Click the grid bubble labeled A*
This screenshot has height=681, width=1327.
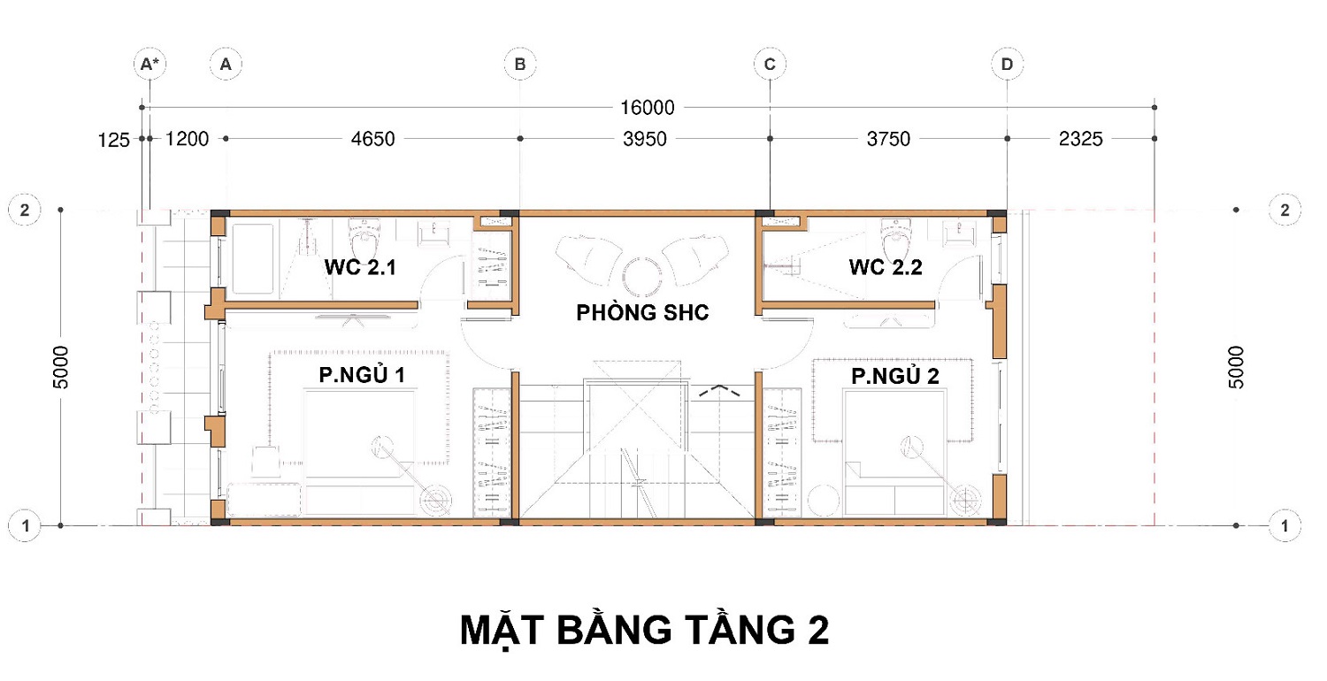(150, 64)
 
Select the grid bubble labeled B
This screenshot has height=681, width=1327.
(520, 64)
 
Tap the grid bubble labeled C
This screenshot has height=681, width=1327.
(770, 64)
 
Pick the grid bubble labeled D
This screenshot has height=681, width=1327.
(1007, 64)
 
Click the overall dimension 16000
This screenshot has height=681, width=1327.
(647, 108)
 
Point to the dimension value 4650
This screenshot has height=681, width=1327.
(372, 139)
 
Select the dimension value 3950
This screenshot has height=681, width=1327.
(645, 139)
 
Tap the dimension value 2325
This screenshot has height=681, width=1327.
(1080, 139)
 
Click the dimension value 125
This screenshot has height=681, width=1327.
(113, 141)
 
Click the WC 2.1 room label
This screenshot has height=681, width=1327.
(360, 267)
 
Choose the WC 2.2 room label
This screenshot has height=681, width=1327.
(886, 267)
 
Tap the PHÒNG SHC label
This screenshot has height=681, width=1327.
(643, 312)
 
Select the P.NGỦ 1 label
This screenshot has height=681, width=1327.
(362, 374)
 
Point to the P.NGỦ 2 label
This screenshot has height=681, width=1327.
(895, 376)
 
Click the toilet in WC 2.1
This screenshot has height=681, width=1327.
(364, 237)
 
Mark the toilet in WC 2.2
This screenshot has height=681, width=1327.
(896, 237)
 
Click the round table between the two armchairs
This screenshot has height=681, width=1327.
(641, 277)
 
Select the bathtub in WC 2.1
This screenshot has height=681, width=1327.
(253, 258)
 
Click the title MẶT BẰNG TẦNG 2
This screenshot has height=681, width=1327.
(645, 630)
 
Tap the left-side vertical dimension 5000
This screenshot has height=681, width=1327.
(61, 367)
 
